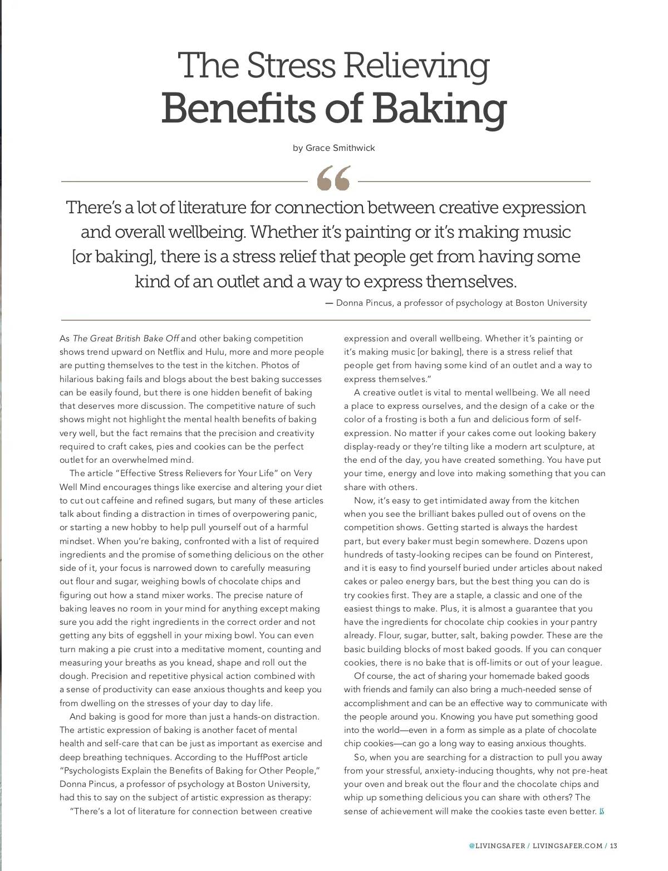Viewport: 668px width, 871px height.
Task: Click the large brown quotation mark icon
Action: click(x=333, y=178)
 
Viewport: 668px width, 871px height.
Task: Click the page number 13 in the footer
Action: click(x=613, y=846)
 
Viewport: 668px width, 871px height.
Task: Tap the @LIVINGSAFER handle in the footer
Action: click(x=497, y=846)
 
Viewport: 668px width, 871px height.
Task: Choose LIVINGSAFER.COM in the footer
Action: click(x=567, y=846)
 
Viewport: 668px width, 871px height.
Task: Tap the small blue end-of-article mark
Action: click(x=601, y=811)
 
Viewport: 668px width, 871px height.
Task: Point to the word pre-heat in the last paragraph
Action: click(x=588, y=771)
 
